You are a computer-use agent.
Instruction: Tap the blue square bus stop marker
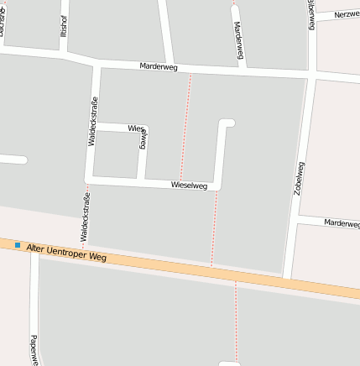[x=17, y=245]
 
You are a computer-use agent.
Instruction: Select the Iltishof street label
[x=64, y=27]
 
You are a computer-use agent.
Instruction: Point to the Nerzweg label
[x=346, y=15]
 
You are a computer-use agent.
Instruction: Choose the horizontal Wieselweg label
[x=189, y=185]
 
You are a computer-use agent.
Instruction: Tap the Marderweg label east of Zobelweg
[x=341, y=223]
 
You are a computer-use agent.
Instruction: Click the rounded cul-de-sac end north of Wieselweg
[x=227, y=124]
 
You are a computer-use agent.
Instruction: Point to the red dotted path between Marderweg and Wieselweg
[x=185, y=126]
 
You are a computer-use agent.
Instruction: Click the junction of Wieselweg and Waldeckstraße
[x=88, y=179]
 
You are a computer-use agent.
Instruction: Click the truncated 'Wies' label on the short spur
[x=135, y=128]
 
